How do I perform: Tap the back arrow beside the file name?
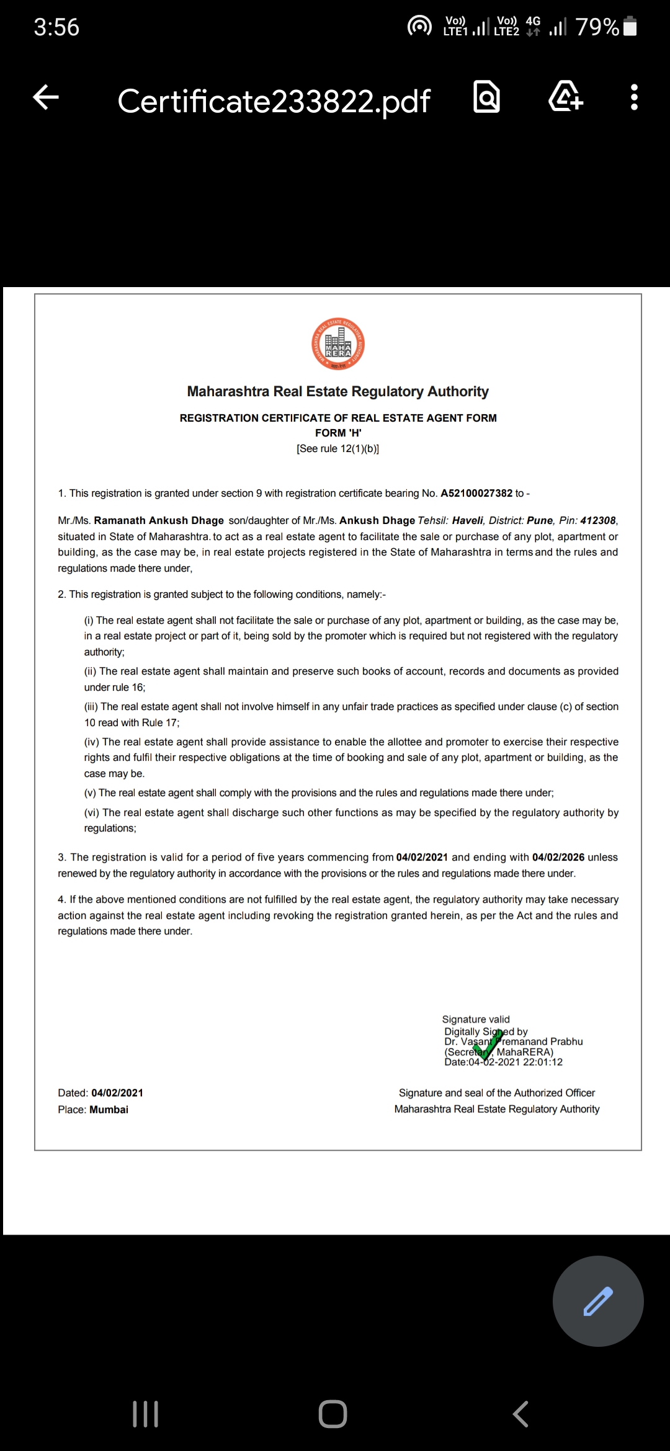tap(46, 98)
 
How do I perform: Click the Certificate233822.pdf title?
tap(274, 101)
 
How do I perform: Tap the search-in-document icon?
tap(486, 97)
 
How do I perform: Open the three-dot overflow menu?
tap(633, 98)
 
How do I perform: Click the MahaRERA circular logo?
tap(338, 345)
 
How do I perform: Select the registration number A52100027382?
tap(476, 494)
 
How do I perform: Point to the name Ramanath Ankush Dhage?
tap(159, 521)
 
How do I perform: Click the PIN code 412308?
tap(598, 521)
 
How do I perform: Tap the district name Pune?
tap(540, 521)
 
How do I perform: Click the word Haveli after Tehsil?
tap(467, 521)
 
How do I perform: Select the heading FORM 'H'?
tap(338, 433)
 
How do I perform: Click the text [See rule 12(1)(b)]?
tap(338, 449)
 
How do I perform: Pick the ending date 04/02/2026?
tap(558, 858)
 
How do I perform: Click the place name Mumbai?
tap(109, 1110)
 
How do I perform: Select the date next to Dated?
tap(117, 1093)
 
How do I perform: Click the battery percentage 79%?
tap(597, 27)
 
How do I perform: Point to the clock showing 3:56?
tap(56, 27)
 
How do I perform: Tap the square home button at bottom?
tap(333, 1414)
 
